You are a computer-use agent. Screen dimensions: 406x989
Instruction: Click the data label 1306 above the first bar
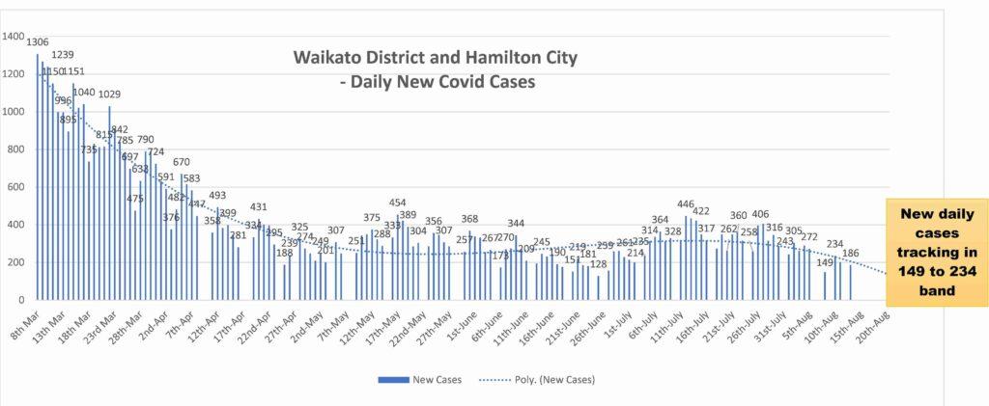[38, 42]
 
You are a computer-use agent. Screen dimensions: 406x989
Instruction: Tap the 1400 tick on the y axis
[14, 37]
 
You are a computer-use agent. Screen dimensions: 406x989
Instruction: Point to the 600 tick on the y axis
[16, 187]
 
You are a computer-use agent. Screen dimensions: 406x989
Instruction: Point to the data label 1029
[109, 95]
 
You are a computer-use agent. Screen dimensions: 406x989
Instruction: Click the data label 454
[397, 203]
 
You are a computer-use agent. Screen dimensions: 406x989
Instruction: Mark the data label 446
[686, 204]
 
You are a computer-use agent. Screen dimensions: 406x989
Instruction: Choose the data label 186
[851, 254]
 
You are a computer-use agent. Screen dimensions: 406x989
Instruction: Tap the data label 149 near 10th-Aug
[825, 262]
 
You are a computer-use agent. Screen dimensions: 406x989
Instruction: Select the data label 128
[598, 264]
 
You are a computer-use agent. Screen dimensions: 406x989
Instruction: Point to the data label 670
[181, 163]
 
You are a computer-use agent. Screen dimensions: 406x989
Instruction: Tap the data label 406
[761, 214]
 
